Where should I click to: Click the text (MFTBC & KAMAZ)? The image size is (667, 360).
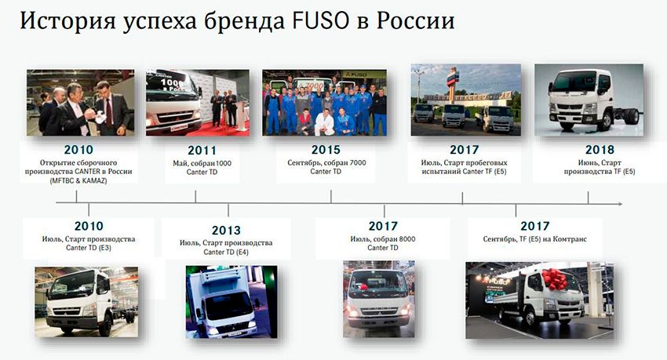79,180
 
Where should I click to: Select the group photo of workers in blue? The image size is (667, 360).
324,103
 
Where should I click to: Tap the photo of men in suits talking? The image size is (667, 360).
80,103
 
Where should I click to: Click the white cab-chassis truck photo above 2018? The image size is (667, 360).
589,100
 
